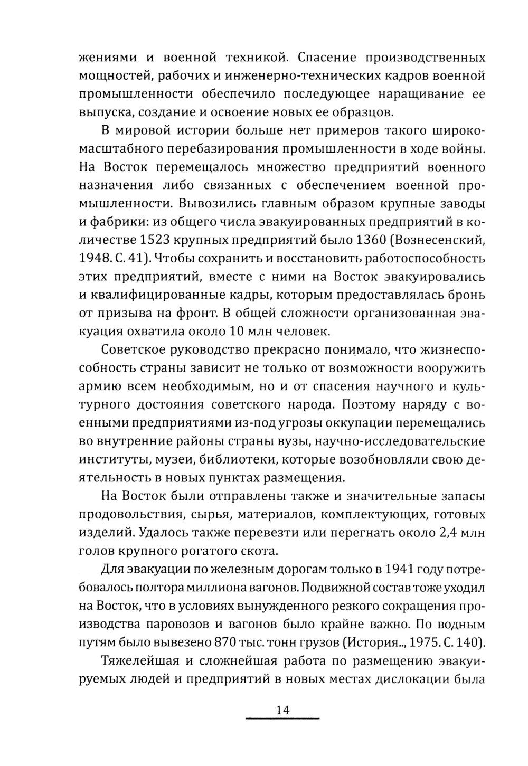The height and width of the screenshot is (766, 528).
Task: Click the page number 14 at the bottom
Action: [x=282, y=710]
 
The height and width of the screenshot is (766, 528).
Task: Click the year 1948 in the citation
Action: [x=93, y=258]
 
